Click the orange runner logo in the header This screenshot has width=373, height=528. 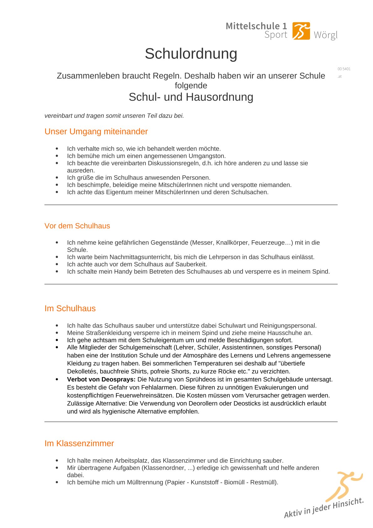coord(301,31)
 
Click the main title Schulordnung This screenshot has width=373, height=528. coord(191,54)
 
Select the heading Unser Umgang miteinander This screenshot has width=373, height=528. coord(96,131)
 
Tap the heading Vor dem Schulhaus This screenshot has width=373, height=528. coord(77,226)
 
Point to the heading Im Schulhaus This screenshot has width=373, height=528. coord(70,308)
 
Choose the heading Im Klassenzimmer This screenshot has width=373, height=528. coord(79,443)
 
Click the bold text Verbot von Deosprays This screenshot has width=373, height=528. coord(101,379)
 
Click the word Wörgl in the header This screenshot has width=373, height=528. coord(326,35)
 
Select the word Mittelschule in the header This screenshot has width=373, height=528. coord(253,26)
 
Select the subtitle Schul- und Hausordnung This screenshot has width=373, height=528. coord(191,97)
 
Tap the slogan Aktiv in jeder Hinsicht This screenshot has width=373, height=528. coord(323,507)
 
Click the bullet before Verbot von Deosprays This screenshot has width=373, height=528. coord(57,379)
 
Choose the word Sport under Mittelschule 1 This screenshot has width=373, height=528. coord(276,35)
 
